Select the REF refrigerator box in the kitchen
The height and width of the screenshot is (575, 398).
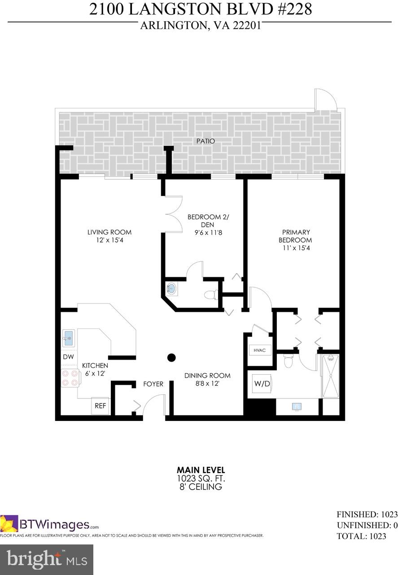[x=100, y=406]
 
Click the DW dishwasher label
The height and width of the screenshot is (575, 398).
[x=68, y=357]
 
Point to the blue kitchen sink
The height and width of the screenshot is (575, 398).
[x=68, y=339]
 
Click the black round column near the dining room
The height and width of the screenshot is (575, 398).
[x=171, y=358]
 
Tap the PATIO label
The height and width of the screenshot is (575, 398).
[x=206, y=141]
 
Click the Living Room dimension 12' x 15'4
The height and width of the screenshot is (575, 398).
[x=109, y=240]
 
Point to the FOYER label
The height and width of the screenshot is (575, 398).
[x=153, y=384]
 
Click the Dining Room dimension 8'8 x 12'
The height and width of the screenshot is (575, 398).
[x=208, y=384]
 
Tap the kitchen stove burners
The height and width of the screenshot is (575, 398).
[x=68, y=378]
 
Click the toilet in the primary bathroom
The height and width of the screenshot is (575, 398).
[x=289, y=360]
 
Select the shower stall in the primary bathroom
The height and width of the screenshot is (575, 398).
[x=331, y=376]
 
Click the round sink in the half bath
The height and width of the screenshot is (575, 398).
[x=171, y=289]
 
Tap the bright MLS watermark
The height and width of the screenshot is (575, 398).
[x=46, y=559]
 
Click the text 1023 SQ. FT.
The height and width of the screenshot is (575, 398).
[x=199, y=479]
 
